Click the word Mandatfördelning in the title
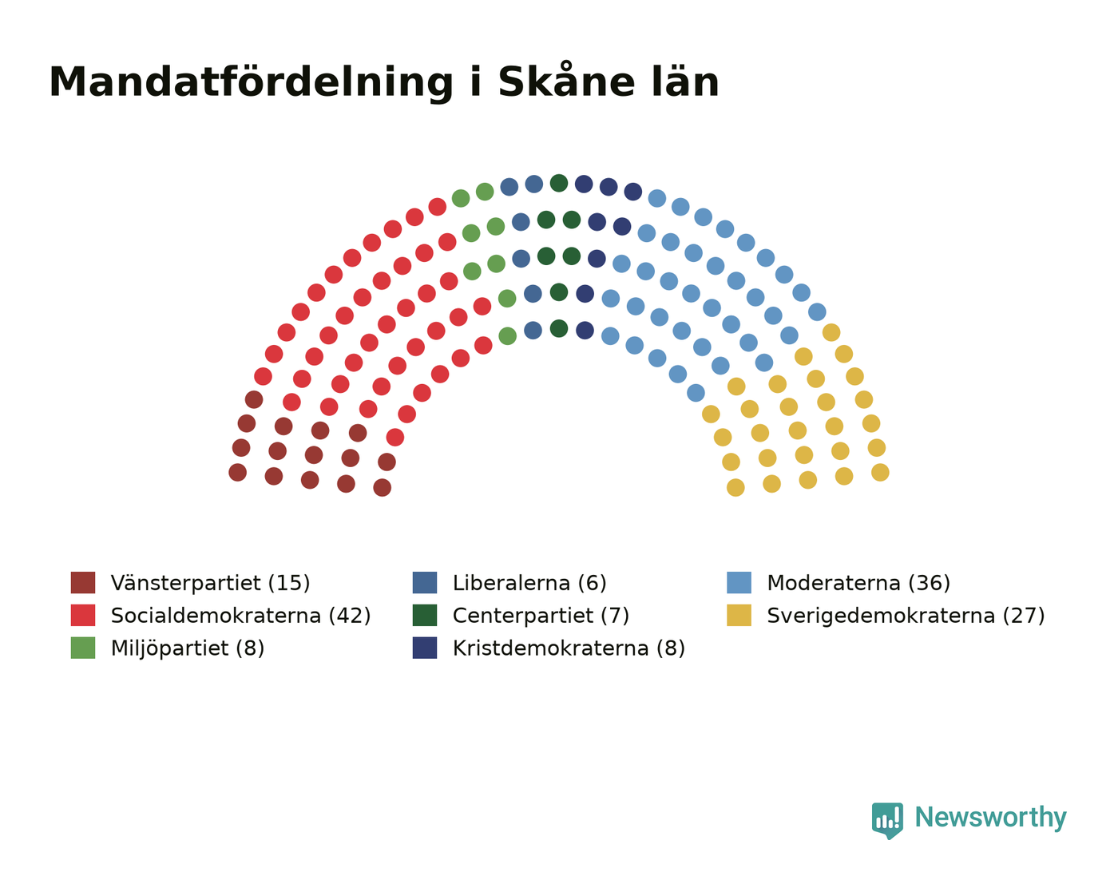point(252,83)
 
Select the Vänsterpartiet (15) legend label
point(210,583)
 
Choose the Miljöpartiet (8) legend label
point(188,648)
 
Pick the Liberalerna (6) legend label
point(529,583)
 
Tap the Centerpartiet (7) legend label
point(541,616)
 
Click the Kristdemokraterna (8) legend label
point(569,648)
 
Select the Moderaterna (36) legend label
point(858,583)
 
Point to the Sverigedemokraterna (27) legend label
point(906,616)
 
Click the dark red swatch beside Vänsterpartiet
point(83,582)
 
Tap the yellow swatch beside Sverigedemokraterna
point(739,615)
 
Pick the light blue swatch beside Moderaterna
point(739,582)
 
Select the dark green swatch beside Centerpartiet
point(425,615)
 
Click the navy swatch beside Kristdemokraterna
point(425,648)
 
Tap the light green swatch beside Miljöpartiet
point(83,648)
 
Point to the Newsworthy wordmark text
point(990,818)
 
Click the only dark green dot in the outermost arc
point(558,183)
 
